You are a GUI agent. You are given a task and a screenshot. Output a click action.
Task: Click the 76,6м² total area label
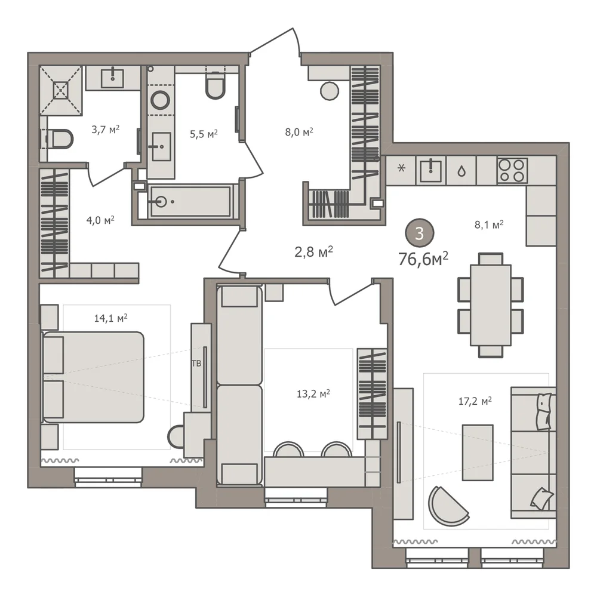pos(423,259)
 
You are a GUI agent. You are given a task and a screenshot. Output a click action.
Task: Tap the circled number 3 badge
pos(419,233)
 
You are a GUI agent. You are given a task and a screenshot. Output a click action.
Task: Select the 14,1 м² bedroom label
pos(110,318)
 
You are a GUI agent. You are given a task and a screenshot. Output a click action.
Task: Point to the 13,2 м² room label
pos(313,393)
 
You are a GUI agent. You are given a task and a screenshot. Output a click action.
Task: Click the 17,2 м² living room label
pos(475,401)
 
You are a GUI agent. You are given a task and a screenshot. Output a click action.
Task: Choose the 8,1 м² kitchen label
pos(489,224)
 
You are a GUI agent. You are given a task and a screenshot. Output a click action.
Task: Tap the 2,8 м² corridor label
pos(314,252)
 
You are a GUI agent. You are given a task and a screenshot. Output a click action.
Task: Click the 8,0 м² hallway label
pos(299,132)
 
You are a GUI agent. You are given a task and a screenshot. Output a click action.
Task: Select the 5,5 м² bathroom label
pos(204,134)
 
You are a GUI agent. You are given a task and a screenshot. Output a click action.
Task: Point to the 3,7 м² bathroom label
pos(106,130)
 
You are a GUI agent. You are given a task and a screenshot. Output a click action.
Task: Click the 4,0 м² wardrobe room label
pos(100,220)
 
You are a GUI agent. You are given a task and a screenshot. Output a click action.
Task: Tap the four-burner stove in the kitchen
pos(512,170)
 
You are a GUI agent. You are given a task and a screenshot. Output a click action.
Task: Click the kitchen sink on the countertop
pos(430,170)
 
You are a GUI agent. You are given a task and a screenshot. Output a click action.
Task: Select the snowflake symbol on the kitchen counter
pos(401,168)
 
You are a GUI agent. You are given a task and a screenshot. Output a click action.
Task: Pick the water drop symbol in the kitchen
pos(461,171)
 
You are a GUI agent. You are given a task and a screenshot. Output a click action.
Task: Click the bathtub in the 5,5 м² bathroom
pos(189,201)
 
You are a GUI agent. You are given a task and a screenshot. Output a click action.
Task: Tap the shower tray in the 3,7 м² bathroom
pos(61,90)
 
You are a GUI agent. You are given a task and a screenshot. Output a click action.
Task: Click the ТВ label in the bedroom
pos(196,364)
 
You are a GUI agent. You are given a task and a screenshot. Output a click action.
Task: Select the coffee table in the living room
pos(478,453)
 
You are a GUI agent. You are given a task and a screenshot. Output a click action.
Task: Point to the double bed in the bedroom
pos(93,377)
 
